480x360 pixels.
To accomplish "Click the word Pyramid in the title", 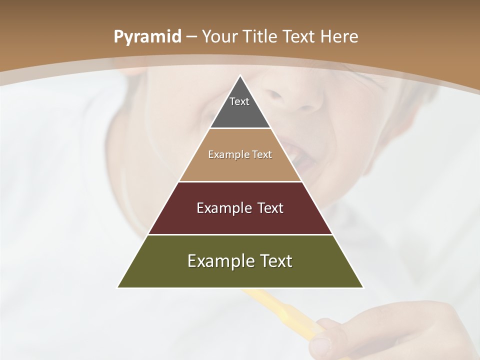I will click(x=147, y=37).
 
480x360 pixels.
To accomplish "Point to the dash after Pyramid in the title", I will click(x=190, y=37).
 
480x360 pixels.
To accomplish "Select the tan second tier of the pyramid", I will click(x=240, y=167).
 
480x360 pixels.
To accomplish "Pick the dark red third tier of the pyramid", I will click(x=240, y=220).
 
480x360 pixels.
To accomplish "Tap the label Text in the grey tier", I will click(x=239, y=101).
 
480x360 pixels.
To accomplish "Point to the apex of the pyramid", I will click(x=240, y=76).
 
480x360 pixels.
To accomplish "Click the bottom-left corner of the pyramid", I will click(x=118, y=287).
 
